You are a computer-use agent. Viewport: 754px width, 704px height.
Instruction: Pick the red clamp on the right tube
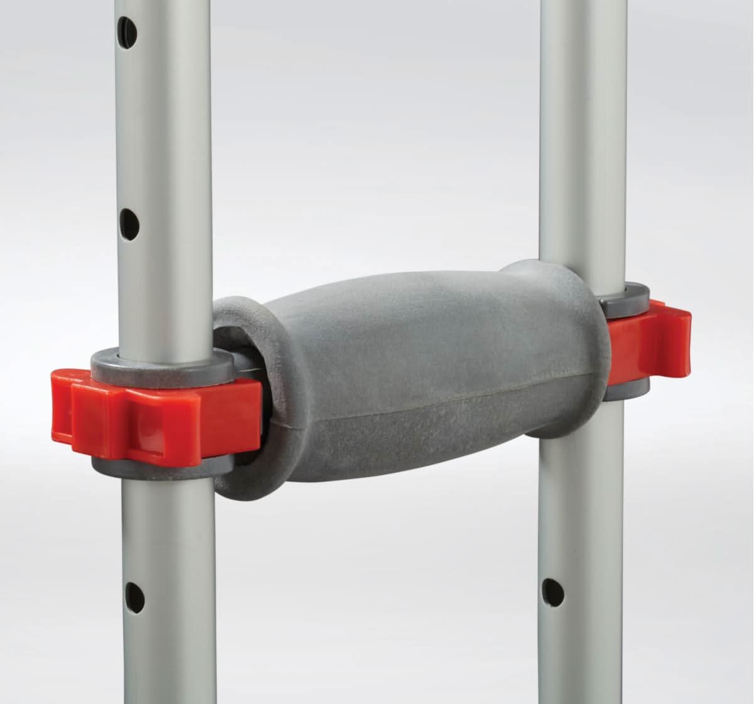[653, 342]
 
